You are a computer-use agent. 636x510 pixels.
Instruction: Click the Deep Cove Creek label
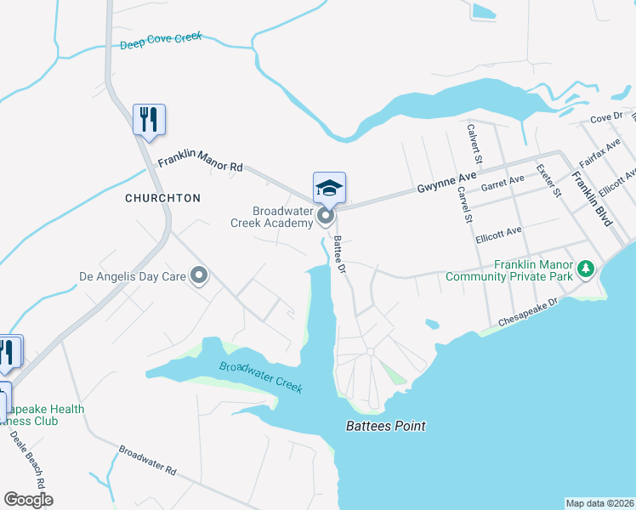point(162,41)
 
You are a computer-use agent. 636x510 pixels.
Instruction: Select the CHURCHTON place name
point(162,198)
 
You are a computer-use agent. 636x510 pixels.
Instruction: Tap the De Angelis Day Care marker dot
point(200,275)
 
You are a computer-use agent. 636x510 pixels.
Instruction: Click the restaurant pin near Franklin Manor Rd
point(150,120)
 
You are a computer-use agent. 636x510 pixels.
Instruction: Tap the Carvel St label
point(465,205)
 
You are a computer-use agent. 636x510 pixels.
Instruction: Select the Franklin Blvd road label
point(591,199)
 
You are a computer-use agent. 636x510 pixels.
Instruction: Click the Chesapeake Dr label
point(528,313)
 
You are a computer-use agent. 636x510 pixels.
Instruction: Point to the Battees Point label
point(385,427)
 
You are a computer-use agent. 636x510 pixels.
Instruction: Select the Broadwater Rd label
point(147,460)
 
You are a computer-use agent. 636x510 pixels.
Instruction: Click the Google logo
point(28,500)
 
